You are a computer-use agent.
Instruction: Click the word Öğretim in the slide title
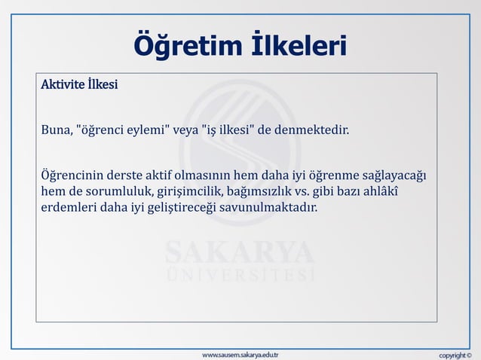185,47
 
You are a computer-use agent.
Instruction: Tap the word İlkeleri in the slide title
299,47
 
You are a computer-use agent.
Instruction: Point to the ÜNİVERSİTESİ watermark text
240,275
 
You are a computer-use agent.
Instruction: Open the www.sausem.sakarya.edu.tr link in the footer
240,353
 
